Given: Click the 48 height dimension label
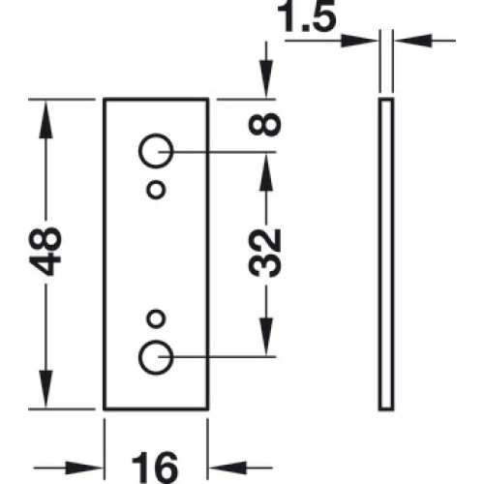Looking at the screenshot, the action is pyautogui.click(x=45, y=252).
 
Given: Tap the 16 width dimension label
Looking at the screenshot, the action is pyautogui.click(x=155, y=468).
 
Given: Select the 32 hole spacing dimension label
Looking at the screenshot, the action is pyautogui.click(x=265, y=254).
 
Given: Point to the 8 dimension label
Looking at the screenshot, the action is pyautogui.click(x=265, y=124).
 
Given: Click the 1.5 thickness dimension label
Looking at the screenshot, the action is pyautogui.click(x=307, y=16).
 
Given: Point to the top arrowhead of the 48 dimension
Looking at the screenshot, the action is pyautogui.click(x=45, y=119).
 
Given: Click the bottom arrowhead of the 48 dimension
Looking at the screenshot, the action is pyautogui.click(x=45, y=389).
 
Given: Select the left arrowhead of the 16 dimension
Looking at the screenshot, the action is pyautogui.click(x=84, y=468).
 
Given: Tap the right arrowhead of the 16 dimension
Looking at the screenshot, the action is pyautogui.click(x=227, y=468).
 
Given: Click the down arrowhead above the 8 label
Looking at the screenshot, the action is pyautogui.click(x=266, y=78).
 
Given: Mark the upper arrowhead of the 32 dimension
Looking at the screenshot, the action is pyautogui.click(x=266, y=171).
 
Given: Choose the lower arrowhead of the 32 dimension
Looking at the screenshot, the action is pyautogui.click(x=266, y=337).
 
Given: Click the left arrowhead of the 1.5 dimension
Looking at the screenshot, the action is pyautogui.click(x=359, y=41).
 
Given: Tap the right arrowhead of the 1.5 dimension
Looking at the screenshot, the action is pyautogui.click(x=413, y=41).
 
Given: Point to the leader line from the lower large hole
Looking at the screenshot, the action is pyautogui.click(x=217, y=357).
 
